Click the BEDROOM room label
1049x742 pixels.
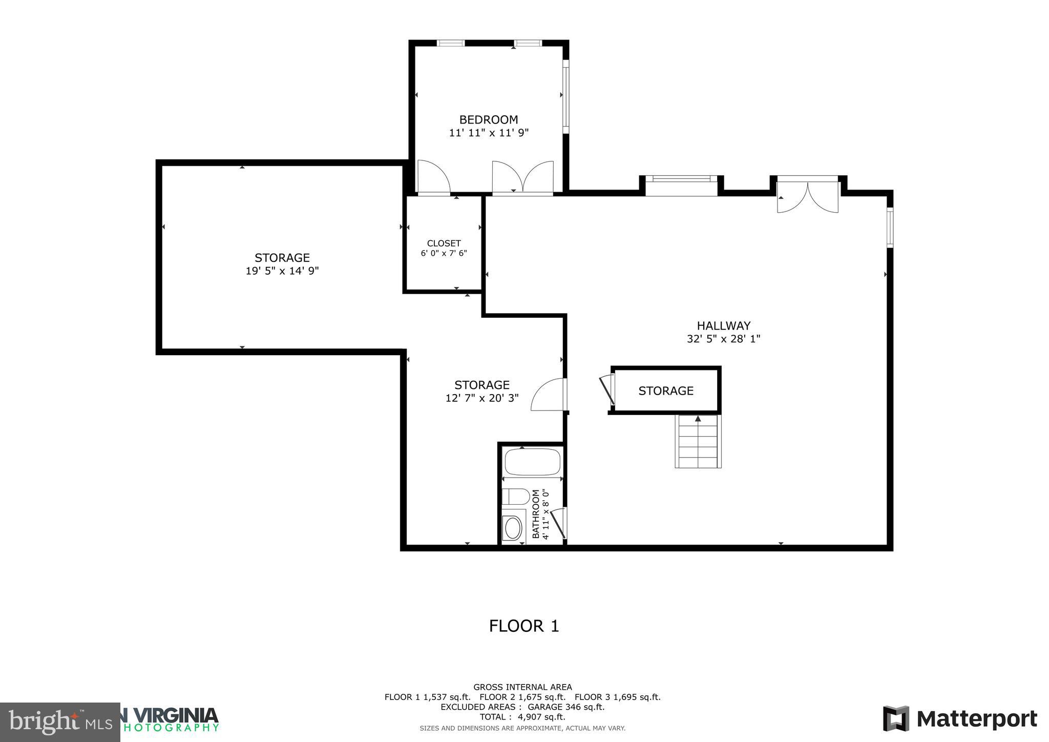(x=488, y=120)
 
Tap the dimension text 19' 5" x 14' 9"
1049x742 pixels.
(x=282, y=271)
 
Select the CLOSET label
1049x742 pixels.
(x=444, y=243)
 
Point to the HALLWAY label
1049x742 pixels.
(x=723, y=326)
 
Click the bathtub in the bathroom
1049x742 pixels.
(x=532, y=462)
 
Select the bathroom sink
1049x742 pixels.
(x=513, y=527)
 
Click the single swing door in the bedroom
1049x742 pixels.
(x=433, y=178)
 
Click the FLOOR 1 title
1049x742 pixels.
(x=523, y=626)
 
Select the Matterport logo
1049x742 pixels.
(x=960, y=719)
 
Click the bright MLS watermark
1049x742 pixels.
(x=60, y=723)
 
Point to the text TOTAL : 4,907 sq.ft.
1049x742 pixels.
(x=522, y=717)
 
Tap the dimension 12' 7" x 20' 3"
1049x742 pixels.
(x=482, y=398)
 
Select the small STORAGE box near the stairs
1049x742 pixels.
(x=665, y=391)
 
